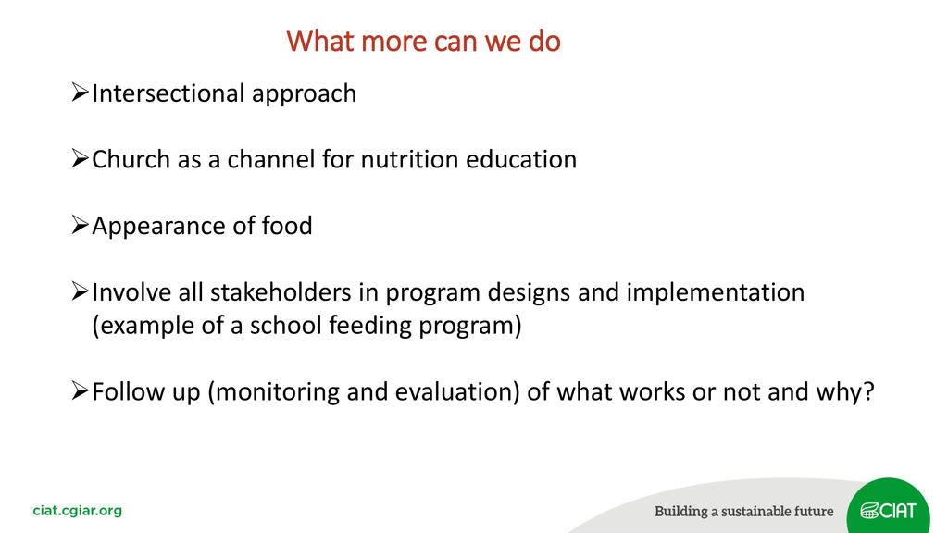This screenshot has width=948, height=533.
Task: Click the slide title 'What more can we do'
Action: tap(423, 41)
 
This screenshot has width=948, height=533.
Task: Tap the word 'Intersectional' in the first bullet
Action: tap(168, 93)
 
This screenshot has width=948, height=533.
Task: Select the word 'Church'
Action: tap(131, 159)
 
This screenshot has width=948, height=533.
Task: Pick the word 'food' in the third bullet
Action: tap(287, 226)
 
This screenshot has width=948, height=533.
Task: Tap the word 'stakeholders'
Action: tap(281, 292)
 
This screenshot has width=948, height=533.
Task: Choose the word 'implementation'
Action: tap(716, 293)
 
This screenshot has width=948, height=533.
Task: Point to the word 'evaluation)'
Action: tap(457, 392)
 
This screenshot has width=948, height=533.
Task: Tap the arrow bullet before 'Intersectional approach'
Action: tap(80, 93)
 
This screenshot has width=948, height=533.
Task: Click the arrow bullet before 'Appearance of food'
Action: tap(80, 225)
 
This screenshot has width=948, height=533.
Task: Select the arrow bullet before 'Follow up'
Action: tap(80, 391)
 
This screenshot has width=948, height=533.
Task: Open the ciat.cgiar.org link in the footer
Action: tap(78, 511)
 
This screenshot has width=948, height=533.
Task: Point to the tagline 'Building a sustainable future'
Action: tap(743, 511)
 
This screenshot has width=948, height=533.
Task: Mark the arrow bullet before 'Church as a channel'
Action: tap(80, 158)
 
